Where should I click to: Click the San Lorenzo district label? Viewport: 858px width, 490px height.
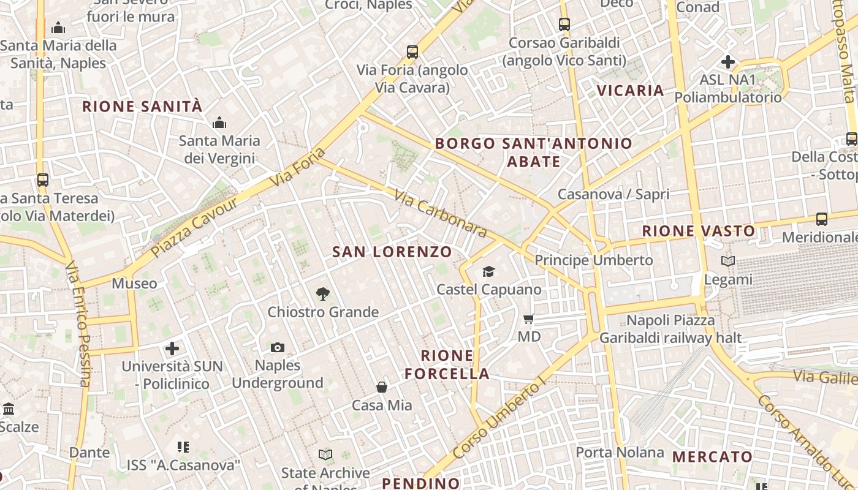click(x=392, y=252)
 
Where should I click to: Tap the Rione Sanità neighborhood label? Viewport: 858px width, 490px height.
click(x=142, y=107)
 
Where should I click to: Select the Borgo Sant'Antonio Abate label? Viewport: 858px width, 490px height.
click(x=533, y=153)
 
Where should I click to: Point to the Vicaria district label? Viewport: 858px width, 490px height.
click(x=631, y=91)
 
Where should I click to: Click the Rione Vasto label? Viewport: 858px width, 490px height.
click(x=699, y=232)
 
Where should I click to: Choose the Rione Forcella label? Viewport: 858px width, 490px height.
click(x=447, y=364)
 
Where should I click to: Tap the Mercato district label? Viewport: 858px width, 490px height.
click(x=712, y=457)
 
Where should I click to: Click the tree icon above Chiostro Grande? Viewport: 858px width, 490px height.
click(x=323, y=294)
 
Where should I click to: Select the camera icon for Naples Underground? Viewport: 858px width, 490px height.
click(x=278, y=348)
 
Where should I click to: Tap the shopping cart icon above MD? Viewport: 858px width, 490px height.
click(x=528, y=319)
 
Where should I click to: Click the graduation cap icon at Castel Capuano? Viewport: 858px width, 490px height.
click(x=488, y=271)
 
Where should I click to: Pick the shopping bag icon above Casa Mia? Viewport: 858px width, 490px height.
click(x=381, y=387)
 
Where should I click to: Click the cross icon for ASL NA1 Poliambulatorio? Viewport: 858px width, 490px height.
click(x=728, y=62)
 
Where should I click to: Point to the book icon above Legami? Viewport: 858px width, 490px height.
click(x=727, y=262)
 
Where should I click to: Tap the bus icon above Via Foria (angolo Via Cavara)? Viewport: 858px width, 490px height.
click(x=412, y=52)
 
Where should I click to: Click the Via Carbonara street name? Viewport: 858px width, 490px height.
click(x=440, y=214)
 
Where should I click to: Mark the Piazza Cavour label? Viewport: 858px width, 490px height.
click(x=194, y=227)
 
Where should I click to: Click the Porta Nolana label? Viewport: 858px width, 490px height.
click(x=620, y=453)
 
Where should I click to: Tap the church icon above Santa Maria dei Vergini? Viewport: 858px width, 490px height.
click(x=219, y=123)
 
